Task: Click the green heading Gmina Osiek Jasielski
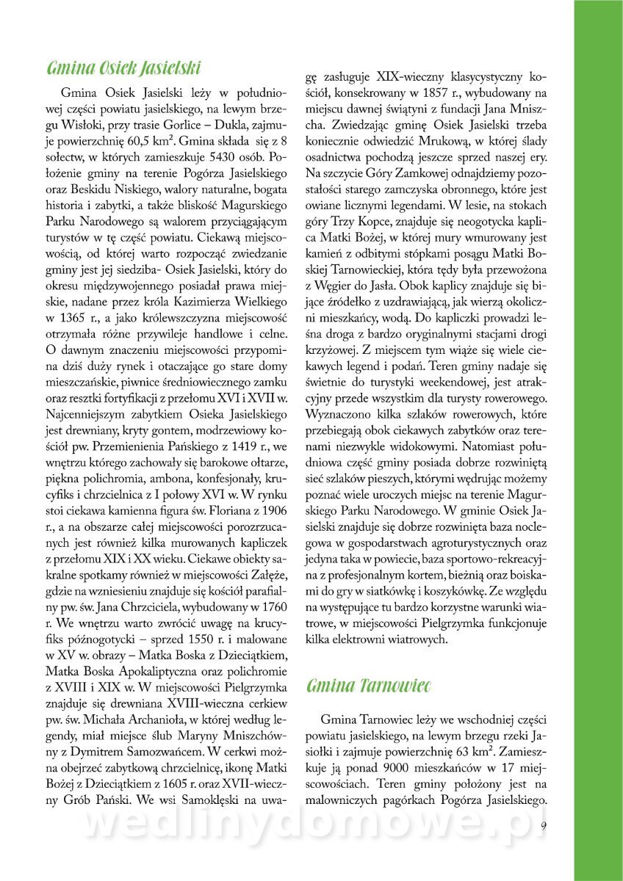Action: [x=123, y=69]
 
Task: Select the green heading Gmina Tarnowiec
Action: [x=367, y=686]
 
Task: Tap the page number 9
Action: [x=543, y=825]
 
